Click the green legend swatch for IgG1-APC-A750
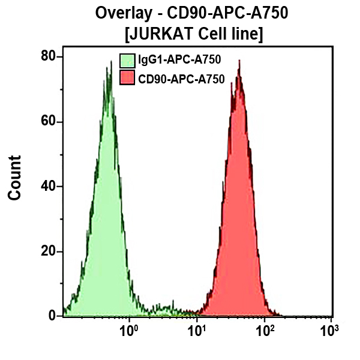pyautogui.click(x=127, y=60)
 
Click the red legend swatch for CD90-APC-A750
pyautogui.click(x=127, y=77)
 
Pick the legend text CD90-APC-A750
pyautogui.click(x=181, y=78)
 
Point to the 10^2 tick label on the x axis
pyautogui.click(x=263, y=330)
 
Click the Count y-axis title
pyautogui.click(x=15, y=178)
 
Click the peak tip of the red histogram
pyautogui.click(x=239, y=60)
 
